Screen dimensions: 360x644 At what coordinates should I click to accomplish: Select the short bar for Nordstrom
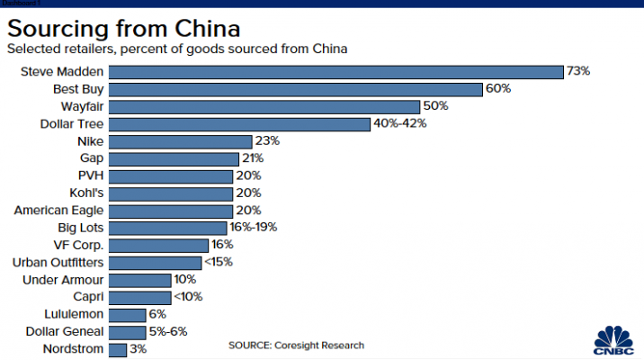pos(118,348)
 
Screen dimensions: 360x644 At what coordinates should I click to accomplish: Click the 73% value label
pos(577,71)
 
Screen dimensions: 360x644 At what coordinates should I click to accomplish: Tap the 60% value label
pos(498,89)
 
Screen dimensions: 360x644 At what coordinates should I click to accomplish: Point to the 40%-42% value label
pos(400,123)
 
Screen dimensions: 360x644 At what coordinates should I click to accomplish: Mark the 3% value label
pos(139,348)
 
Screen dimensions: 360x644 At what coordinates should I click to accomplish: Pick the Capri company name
pos(88,296)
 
